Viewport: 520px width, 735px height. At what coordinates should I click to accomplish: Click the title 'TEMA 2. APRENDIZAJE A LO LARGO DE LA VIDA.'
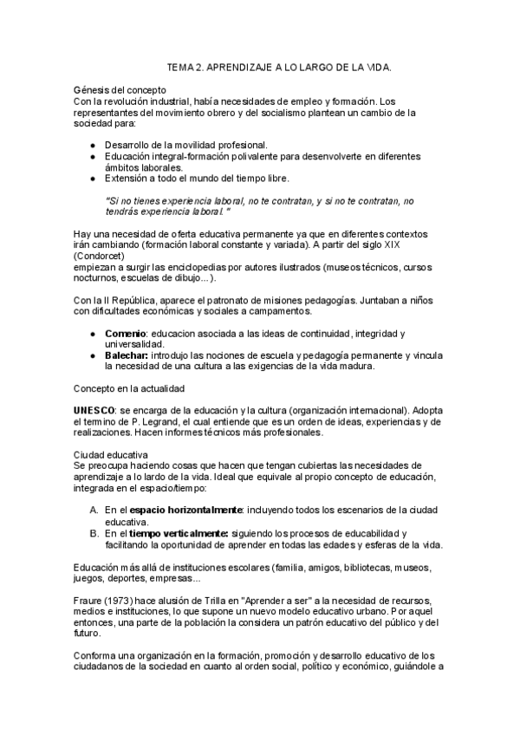coord(278,66)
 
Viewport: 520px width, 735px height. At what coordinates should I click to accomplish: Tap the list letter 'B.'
coord(94,533)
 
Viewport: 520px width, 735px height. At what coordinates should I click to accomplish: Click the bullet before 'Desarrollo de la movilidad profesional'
coord(94,145)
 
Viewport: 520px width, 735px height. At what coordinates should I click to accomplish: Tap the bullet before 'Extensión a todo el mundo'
coord(94,178)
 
